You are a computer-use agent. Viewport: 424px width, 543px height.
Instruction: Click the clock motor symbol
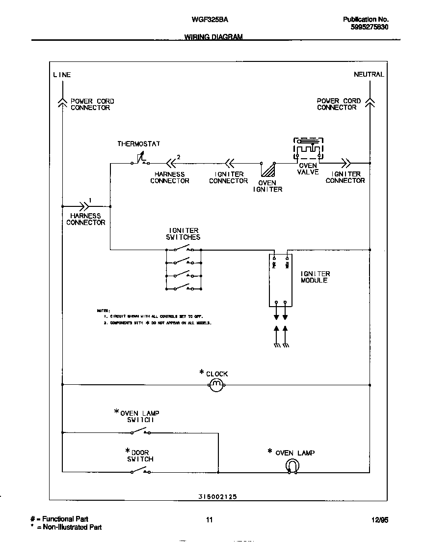click(x=216, y=386)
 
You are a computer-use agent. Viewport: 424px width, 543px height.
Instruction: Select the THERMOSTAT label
click(x=138, y=144)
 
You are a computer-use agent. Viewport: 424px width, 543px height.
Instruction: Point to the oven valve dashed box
click(x=308, y=148)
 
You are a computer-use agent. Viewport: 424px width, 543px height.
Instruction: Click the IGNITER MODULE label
click(x=315, y=277)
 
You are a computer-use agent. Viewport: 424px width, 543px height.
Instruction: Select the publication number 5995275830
click(x=370, y=28)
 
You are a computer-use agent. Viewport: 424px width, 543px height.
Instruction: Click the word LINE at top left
click(x=62, y=75)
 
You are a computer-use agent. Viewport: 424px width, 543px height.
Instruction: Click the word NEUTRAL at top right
click(x=369, y=75)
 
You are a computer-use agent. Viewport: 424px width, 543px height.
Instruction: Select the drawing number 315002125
click(x=218, y=497)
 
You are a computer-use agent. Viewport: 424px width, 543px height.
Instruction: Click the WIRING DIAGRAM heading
click(x=213, y=37)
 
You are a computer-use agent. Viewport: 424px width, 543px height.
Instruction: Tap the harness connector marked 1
click(x=83, y=207)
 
